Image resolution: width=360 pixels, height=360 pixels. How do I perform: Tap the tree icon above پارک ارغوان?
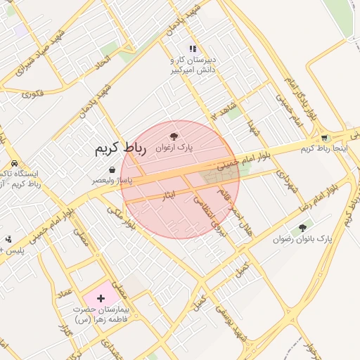point(174,136)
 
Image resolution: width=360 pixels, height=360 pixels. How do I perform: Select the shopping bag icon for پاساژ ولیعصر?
point(112,169)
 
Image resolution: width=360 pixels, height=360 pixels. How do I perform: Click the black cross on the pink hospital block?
point(101,299)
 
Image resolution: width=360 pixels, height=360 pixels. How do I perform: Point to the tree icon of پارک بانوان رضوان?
point(302,228)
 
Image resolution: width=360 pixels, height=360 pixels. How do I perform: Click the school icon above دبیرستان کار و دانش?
point(193,49)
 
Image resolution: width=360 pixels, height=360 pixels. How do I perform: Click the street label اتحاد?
point(103,63)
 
